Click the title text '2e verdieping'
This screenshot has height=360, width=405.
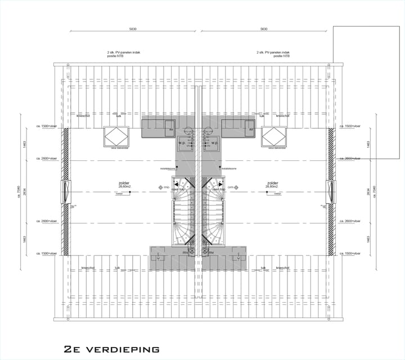coord(111,349)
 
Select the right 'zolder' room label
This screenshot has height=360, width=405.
coord(273,183)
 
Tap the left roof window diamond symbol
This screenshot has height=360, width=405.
coord(116,137)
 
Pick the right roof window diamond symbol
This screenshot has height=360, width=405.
coord(274,137)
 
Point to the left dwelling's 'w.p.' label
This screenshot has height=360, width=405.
coord(182,143)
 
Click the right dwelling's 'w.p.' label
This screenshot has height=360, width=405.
coord(214,143)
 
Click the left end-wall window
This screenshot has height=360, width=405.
coord(66,192)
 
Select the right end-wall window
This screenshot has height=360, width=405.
coord(330,192)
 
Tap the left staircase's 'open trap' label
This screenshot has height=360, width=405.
coord(178,190)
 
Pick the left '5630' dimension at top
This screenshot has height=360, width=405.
coord(133,28)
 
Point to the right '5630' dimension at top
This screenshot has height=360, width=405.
coord(263,28)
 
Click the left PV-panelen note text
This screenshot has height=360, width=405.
coord(123,54)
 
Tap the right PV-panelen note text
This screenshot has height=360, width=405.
coord(273,54)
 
